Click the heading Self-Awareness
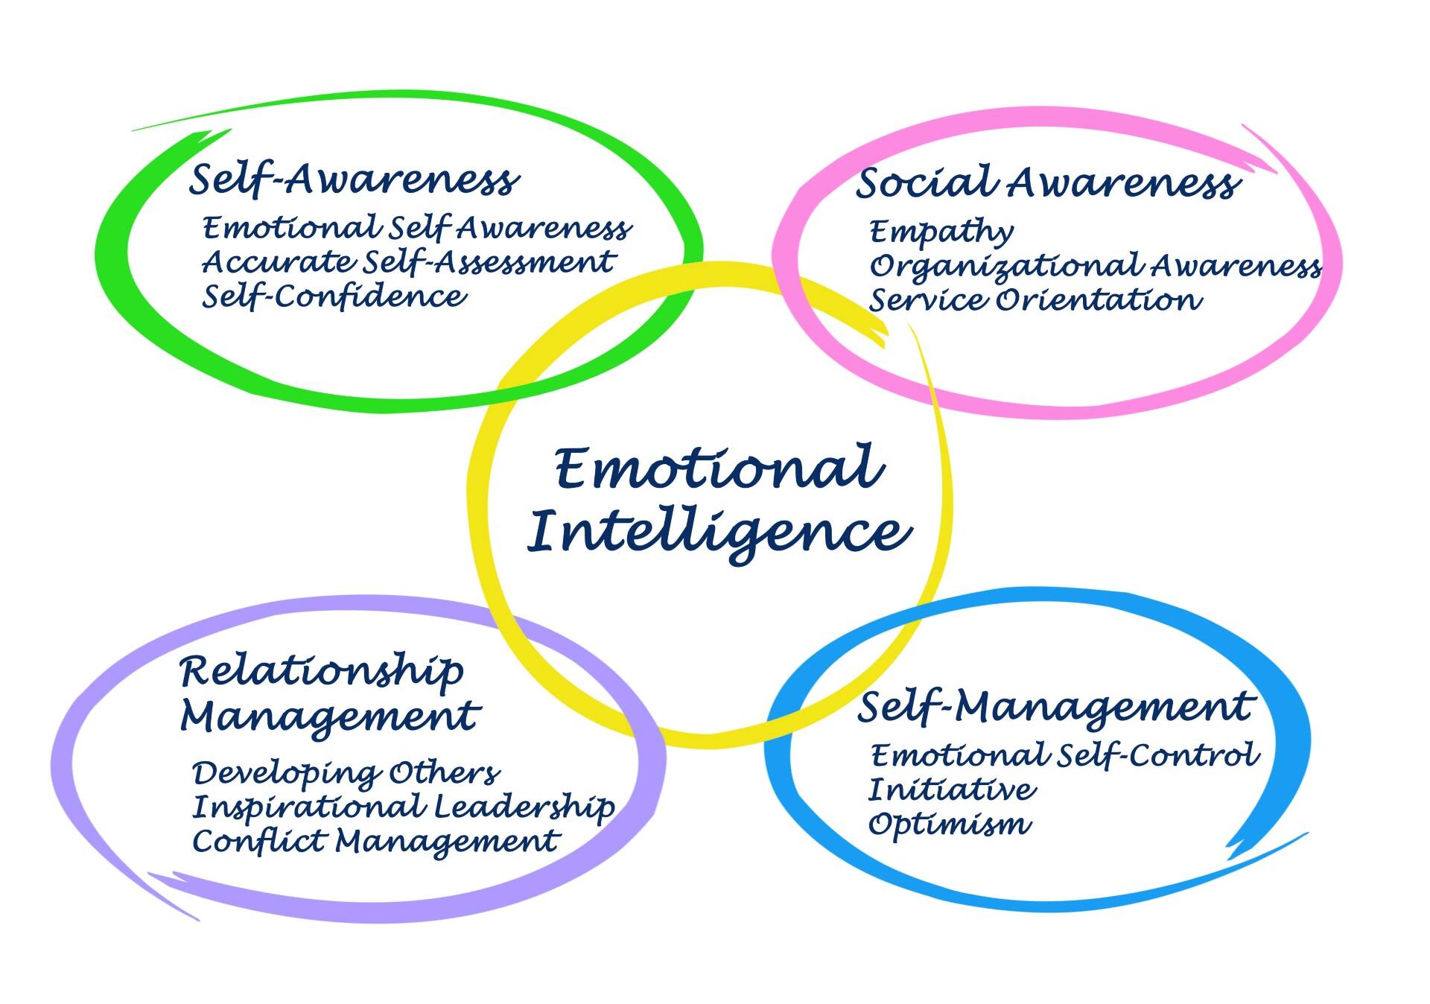coord(354,179)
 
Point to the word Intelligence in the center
coord(719,533)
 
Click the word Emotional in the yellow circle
coord(720,468)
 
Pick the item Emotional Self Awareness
coord(417,228)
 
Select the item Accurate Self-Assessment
coord(408,261)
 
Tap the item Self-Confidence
coord(334,296)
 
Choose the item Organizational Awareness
coord(1096,267)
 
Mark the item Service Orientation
coord(1035,300)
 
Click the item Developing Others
coord(346,774)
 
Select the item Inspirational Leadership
coord(404,807)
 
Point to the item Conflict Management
coord(375,842)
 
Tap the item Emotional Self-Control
coord(1065,756)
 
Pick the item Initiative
coord(952,789)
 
